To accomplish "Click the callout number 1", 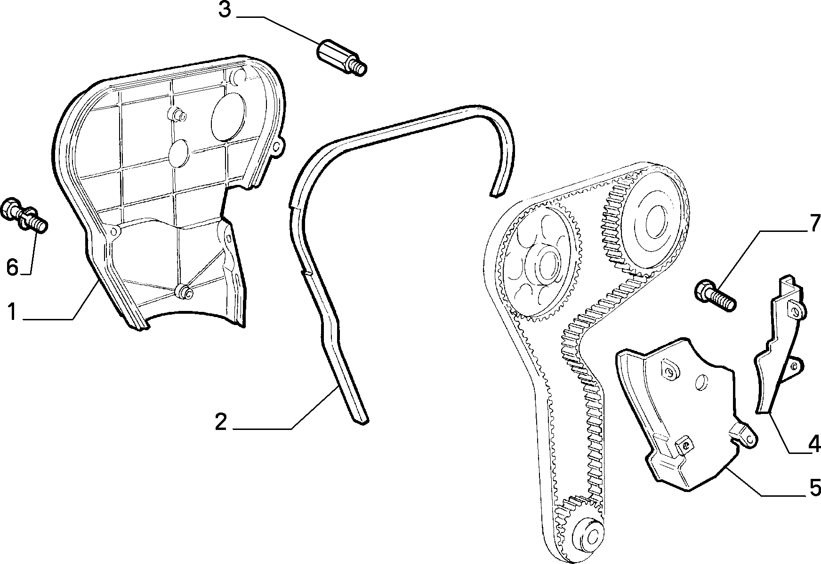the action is coord(12,312).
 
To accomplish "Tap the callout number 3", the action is coord(225,10).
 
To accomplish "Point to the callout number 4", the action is coord(814,443).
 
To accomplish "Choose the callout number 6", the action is coord(12,268).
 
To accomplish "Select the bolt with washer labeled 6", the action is coord(25,217).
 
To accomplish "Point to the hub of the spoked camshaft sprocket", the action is coord(545,266).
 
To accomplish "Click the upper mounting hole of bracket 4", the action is coord(796,310).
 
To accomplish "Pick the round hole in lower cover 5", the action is coord(701,382).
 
